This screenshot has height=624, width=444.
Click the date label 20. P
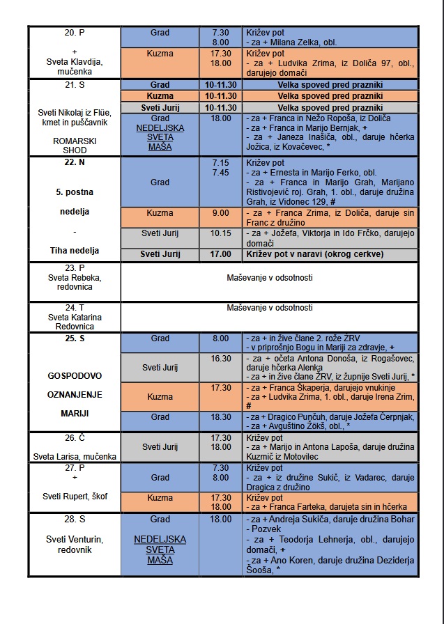coord(75,33)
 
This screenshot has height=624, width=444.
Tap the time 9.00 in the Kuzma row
coord(221,212)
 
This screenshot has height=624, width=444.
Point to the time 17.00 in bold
coord(221,254)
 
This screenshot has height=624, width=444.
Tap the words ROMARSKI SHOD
coord(75,146)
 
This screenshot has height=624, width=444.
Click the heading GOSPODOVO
coord(75,375)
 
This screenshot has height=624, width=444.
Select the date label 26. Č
coord(75,438)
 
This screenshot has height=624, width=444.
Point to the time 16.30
coord(221,358)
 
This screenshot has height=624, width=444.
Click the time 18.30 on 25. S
coord(221,416)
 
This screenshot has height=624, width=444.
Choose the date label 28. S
coord(75,520)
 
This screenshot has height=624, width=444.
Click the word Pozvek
coord(263,529)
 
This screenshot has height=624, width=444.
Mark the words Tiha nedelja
coord(75,250)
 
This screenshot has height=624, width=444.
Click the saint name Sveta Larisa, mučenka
coord(75,457)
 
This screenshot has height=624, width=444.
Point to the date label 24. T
coord(75,307)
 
